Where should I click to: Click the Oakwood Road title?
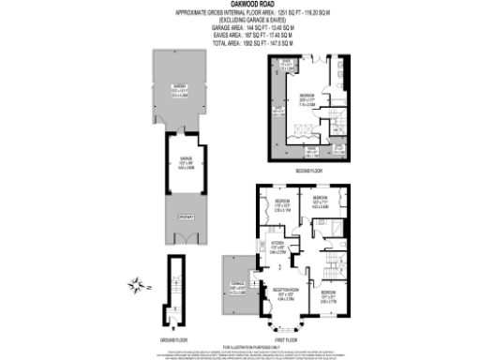(240, 5)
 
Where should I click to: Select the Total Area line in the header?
(240, 43)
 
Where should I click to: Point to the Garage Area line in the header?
(240, 28)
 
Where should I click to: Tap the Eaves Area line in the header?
(240, 36)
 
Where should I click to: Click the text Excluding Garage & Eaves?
(240, 20)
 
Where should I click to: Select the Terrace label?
(240, 287)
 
